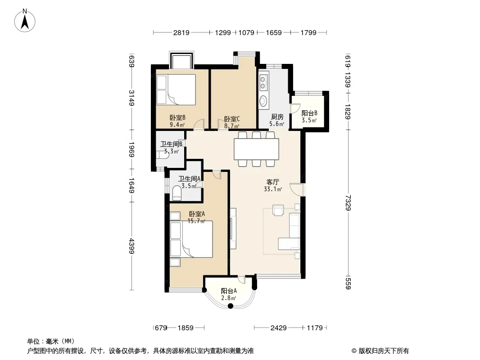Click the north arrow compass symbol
(x=25, y=21)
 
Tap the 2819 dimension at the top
(x=181, y=32)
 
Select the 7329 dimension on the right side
(x=348, y=203)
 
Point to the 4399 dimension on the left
(x=131, y=246)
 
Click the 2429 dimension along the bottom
(x=278, y=328)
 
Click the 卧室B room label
(x=177, y=118)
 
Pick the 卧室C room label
(x=232, y=119)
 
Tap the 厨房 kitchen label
(x=277, y=117)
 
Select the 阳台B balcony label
(x=309, y=113)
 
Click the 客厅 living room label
(x=273, y=182)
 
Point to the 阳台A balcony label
(x=229, y=291)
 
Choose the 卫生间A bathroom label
(x=190, y=179)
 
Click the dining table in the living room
(x=257, y=149)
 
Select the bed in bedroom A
(x=191, y=239)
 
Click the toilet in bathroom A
(x=177, y=193)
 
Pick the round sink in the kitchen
(x=263, y=101)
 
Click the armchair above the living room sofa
(x=278, y=210)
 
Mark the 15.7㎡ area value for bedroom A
(x=196, y=221)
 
